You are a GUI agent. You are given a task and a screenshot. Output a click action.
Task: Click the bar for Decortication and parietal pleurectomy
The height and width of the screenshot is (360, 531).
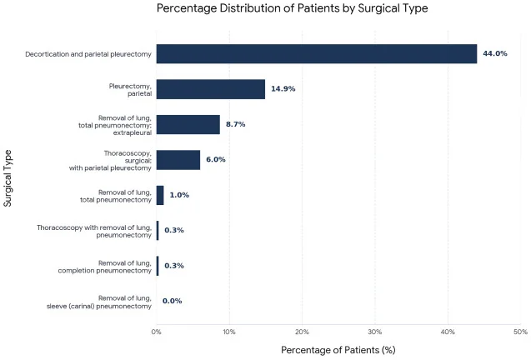[317, 54]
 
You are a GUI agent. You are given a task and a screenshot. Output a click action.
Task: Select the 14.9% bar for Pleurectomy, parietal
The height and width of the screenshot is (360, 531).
[211, 89]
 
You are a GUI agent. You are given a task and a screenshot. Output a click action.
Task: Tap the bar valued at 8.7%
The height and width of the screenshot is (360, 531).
[188, 125]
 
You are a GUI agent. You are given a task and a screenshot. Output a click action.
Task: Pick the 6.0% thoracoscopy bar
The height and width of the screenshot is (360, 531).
[178, 160]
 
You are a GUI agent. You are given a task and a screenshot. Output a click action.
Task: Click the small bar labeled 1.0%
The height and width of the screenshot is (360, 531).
[160, 195]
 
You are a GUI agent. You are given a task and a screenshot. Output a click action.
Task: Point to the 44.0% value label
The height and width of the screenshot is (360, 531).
[495, 53]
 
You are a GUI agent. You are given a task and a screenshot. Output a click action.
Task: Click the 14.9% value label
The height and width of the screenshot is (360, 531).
[283, 88]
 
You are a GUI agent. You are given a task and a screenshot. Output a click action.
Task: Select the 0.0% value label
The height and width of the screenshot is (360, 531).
[172, 301]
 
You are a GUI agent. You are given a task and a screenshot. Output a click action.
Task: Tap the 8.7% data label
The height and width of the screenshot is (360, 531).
[236, 124]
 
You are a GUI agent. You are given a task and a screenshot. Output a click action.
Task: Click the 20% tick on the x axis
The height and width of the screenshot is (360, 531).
[302, 332]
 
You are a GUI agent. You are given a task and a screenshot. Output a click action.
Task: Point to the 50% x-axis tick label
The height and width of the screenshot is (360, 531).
[520, 332]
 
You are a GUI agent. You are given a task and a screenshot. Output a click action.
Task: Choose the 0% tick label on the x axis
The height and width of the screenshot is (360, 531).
[157, 332]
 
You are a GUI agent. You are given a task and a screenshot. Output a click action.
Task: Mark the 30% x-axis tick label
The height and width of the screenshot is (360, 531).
[375, 332]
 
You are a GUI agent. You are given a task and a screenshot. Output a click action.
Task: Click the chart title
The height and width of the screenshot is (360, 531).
[293, 8]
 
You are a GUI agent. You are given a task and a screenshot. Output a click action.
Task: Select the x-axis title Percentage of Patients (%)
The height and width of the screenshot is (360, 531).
[338, 350]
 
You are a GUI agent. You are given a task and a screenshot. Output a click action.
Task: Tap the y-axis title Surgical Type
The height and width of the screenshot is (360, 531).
[8, 178]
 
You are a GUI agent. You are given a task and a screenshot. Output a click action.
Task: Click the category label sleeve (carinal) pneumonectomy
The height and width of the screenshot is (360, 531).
[99, 306]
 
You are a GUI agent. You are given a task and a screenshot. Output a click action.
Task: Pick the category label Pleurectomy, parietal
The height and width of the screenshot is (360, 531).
[130, 90]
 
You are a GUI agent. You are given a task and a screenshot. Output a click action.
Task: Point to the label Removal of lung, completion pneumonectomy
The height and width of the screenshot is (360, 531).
[105, 267]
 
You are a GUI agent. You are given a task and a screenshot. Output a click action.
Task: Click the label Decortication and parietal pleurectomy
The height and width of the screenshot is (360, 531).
[88, 54]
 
